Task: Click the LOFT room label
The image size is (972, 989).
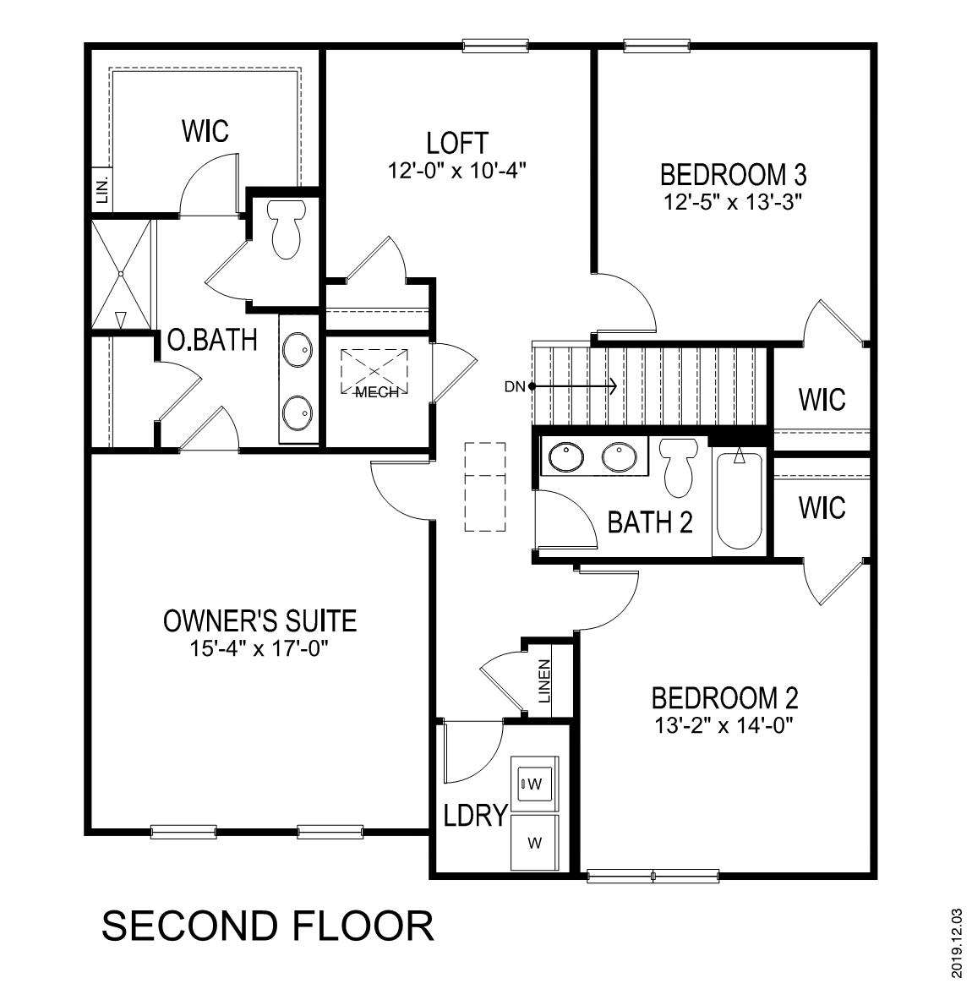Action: (457, 142)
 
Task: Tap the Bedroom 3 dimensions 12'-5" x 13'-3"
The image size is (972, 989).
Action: (732, 202)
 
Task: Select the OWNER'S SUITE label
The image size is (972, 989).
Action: (259, 621)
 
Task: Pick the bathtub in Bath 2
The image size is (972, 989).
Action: (739, 502)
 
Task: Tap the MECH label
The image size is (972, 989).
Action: (376, 392)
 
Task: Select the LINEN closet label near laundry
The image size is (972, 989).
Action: (544, 681)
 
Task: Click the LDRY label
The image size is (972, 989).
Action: (475, 816)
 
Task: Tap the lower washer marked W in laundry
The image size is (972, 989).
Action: (534, 842)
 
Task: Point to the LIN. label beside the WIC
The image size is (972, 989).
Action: (102, 189)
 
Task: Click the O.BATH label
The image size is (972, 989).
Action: (212, 340)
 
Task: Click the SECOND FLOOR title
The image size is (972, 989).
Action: (268, 926)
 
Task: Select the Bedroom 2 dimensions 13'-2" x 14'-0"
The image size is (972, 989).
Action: (725, 724)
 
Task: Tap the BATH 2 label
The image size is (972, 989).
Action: (650, 522)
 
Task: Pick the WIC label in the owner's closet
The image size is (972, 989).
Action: (205, 131)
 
